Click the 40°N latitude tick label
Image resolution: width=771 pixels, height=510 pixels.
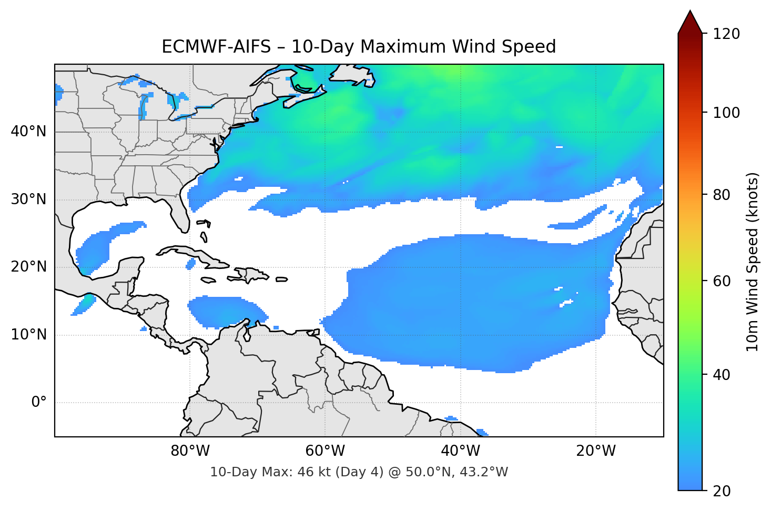pos(28,131)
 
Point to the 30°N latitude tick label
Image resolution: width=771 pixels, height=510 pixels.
pos(28,199)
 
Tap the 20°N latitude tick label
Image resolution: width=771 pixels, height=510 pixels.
pos(28,267)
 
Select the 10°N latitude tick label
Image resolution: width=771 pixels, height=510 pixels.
pos(28,335)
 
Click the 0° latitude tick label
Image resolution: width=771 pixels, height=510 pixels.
pos(39,403)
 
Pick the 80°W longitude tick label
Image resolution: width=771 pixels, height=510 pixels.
pos(190,451)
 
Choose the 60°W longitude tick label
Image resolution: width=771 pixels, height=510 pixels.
pos(325,451)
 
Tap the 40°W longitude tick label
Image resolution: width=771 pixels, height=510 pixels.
pos(460,451)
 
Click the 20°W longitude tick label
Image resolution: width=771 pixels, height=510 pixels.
pos(595,451)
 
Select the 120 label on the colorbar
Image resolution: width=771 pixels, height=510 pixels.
pos(726,34)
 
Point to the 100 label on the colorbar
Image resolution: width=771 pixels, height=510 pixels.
pos(726,113)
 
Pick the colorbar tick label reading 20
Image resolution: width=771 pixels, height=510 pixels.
pos(722,491)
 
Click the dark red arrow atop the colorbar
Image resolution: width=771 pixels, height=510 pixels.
pos(690,23)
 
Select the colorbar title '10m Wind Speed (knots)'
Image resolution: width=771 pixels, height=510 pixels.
pos(753,262)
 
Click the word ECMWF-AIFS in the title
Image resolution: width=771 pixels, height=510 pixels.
pos(216,47)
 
